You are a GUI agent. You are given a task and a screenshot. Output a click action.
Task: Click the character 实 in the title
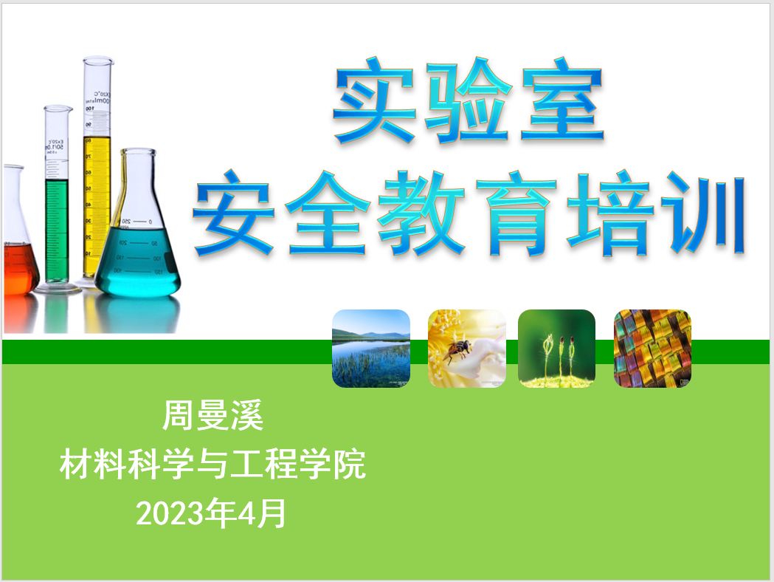[x=374, y=100]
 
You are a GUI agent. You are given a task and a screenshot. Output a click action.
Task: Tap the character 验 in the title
[x=468, y=102]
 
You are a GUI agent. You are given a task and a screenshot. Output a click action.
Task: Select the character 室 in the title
[x=562, y=100]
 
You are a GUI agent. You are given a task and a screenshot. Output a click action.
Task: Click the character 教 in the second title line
[x=422, y=213]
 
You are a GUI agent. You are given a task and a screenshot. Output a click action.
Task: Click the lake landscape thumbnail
[x=371, y=349]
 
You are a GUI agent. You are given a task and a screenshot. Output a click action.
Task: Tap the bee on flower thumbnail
[x=466, y=349]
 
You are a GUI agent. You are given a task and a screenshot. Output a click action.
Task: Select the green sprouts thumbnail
[x=556, y=349]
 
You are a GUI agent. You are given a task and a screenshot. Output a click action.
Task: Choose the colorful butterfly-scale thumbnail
[x=652, y=349]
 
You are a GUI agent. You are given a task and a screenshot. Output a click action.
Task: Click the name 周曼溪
[x=212, y=416]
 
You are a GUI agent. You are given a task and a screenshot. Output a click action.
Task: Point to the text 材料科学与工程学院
[x=212, y=464]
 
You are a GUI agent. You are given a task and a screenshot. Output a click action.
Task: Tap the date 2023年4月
[x=211, y=513]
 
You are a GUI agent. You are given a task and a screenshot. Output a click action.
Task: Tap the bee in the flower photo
[x=457, y=349]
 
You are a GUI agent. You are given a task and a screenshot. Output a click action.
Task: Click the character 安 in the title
[x=234, y=213]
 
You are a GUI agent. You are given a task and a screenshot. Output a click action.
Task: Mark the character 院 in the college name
[x=350, y=464]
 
